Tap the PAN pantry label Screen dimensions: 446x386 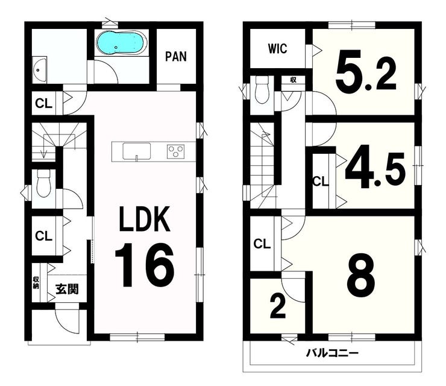tap(176, 56)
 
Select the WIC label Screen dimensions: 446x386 tap(277, 49)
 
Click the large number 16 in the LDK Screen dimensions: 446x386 tap(144, 264)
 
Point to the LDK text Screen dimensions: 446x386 tap(145, 218)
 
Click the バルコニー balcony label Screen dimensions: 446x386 tap(332, 353)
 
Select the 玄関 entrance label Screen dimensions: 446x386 tap(67, 289)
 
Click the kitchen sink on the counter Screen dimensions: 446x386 tap(137, 151)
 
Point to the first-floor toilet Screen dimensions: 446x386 tap(43, 183)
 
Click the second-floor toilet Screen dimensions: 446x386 tap(262, 90)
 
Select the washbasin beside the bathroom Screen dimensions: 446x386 tap(40, 71)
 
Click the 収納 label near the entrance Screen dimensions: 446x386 tap(36, 282)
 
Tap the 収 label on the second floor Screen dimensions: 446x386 tap(293, 80)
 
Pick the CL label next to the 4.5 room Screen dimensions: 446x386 tap(320, 182)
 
